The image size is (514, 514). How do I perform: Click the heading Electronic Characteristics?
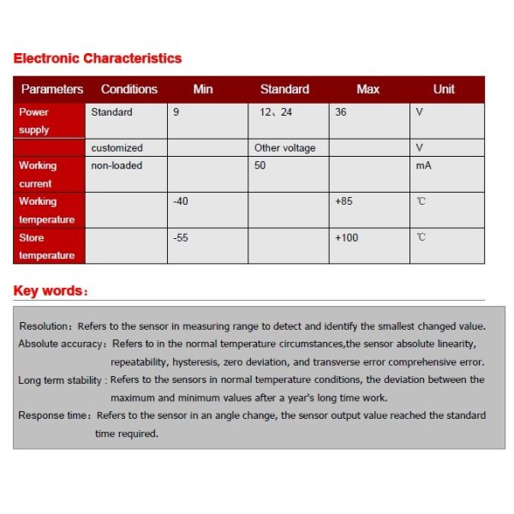click(x=98, y=58)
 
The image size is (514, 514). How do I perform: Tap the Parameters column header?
click(x=52, y=89)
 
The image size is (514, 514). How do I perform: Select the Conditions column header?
click(x=129, y=89)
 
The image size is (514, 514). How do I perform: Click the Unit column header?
click(x=444, y=89)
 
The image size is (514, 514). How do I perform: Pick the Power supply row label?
click(x=34, y=121)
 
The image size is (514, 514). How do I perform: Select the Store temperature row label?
click(x=46, y=246)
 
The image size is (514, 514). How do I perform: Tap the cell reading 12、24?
click(x=276, y=112)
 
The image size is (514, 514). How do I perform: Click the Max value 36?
click(x=341, y=112)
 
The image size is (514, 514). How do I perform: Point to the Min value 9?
click(x=176, y=112)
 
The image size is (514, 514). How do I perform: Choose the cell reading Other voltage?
click(x=284, y=148)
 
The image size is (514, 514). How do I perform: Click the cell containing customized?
click(x=117, y=148)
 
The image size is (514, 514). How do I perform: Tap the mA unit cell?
click(x=423, y=165)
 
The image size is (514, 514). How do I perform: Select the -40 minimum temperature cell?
click(x=180, y=201)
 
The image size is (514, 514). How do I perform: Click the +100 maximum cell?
click(x=346, y=237)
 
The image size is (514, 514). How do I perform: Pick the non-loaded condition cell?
click(x=117, y=165)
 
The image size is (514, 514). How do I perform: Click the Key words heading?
click(x=50, y=290)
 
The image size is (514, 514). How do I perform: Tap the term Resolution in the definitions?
click(x=46, y=326)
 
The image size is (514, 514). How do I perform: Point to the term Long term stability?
click(x=61, y=380)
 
